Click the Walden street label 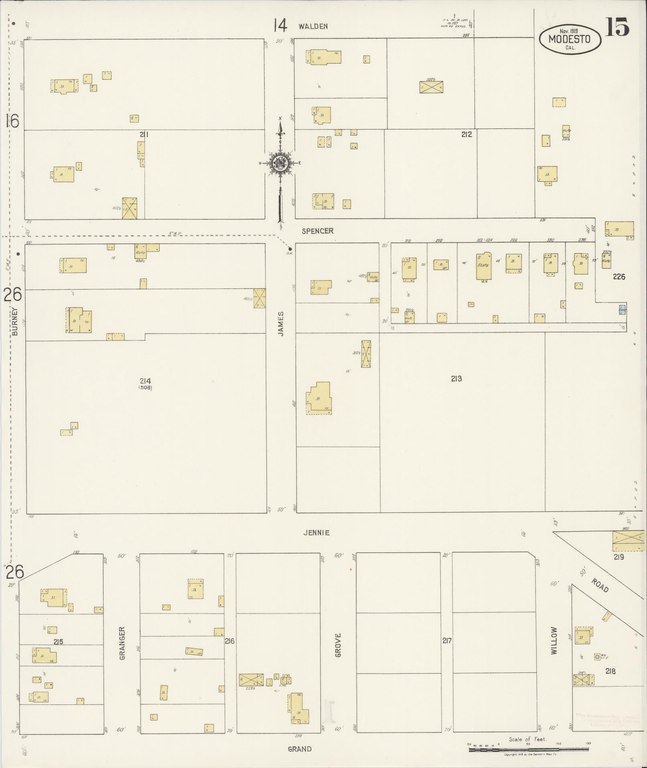(313, 26)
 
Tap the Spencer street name (318, 231)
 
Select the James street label (281, 324)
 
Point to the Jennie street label (316, 533)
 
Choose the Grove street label (338, 645)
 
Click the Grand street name (300, 749)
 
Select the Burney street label (15, 321)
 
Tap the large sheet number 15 (617, 27)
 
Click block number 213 (456, 379)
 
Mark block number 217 (446, 641)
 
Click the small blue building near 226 (622, 310)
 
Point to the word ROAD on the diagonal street (600, 586)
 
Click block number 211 (144, 134)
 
